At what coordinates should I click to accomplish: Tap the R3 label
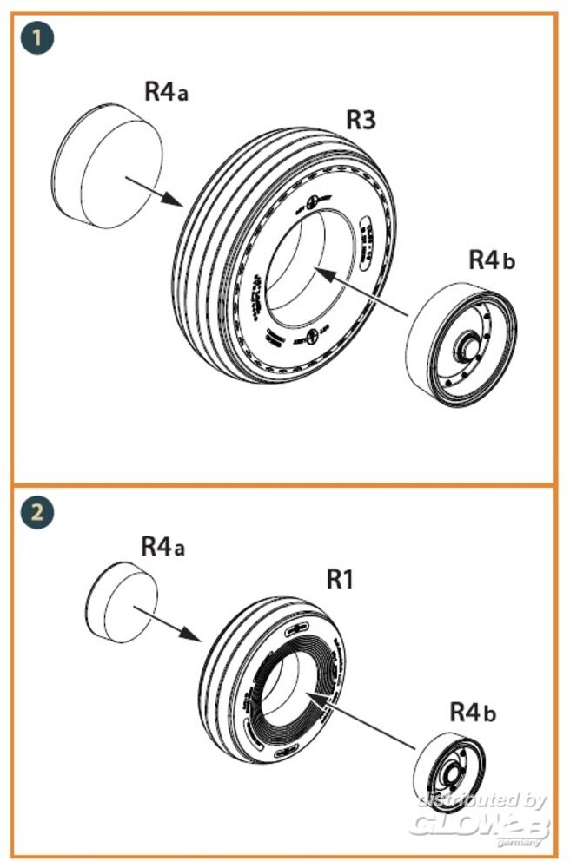[361, 121]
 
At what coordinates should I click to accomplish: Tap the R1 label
[341, 579]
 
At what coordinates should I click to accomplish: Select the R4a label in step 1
[166, 92]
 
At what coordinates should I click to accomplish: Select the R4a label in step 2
[163, 547]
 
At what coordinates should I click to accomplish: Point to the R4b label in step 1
[492, 260]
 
